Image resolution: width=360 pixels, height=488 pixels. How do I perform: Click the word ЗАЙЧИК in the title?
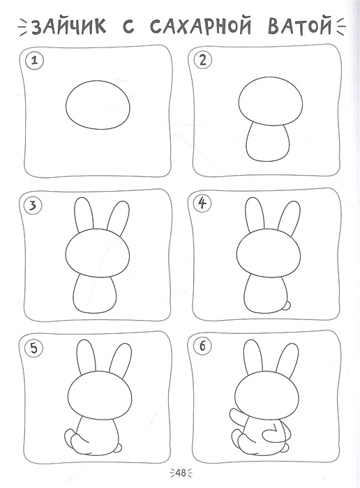coord(68,26)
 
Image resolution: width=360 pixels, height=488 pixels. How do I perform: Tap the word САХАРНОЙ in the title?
coord(200,26)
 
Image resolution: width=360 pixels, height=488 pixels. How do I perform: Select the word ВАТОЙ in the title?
coord(299,26)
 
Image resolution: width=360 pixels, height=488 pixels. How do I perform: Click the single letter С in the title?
coord(128,26)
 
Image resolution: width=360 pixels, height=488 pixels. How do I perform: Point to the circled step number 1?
coord(35,61)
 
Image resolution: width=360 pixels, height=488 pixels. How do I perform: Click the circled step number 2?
coord(203,60)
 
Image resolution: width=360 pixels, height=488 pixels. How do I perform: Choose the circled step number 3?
coord(32,206)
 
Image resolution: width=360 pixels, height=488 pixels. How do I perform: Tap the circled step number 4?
coord(202,204)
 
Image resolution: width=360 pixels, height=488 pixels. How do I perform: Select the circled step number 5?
coord(33,349)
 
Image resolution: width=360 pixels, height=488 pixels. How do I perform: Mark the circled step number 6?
coord(202,346)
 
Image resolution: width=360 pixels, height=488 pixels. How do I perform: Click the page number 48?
coord(180,473)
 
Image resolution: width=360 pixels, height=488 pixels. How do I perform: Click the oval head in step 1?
coord(98,105)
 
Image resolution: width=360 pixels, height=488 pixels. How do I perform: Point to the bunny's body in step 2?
coord(268,142)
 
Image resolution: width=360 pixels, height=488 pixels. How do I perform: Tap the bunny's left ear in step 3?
coord(84,215)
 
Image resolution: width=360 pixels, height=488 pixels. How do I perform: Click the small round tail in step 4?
coord(288,305)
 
